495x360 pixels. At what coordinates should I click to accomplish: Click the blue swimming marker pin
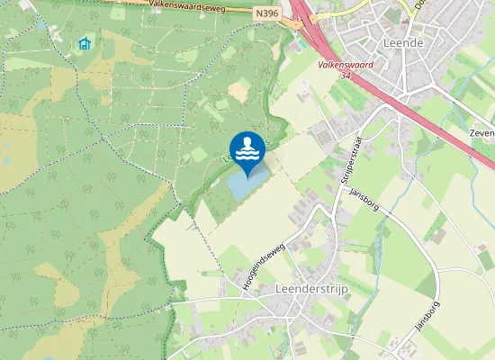(247, 149)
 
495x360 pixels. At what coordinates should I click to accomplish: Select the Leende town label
(403, 42)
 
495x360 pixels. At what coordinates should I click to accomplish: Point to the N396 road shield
(266, 13)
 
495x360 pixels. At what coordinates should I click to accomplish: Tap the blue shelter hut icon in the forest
(85, 42)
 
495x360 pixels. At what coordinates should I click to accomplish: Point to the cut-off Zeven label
(482, 133)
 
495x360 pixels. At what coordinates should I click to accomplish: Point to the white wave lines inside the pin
(247, 154)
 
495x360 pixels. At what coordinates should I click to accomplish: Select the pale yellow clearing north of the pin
(238, 89)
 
